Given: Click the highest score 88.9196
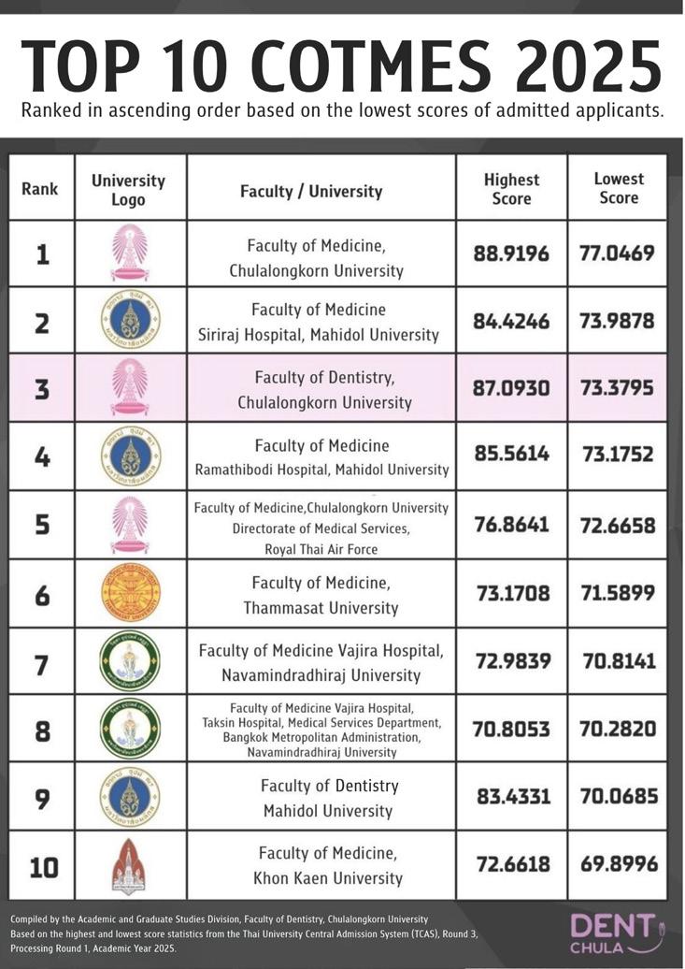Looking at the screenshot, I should pos(511,253).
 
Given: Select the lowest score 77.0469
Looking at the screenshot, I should pos(618,253).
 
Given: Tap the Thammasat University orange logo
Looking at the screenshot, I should pos(129,593).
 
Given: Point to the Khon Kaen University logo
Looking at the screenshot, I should pos(129,866).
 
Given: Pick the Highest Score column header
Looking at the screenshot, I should pos(511,189).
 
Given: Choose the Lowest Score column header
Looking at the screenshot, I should pos(619,188).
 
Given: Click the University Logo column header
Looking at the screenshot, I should pos(129,190).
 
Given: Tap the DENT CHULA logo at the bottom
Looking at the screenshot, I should pos(624,932).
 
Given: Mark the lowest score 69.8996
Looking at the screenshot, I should pos(618,866).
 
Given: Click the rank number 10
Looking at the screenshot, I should pos(42,867).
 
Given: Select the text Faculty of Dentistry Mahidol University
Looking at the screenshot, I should pos(329,798).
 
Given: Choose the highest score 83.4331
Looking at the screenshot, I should pos(511,798).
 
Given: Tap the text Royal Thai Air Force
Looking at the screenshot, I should pos(321,548).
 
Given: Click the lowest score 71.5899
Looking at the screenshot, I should pos(618,593).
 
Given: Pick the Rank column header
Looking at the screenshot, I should pos(39,189).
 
